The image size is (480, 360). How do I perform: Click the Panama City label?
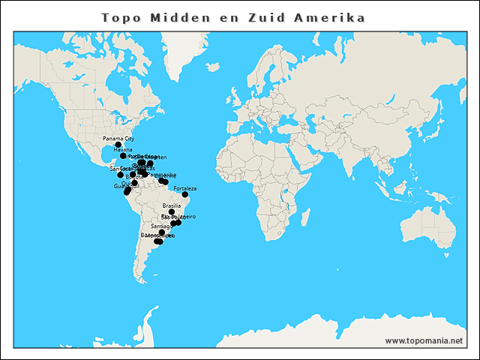118,139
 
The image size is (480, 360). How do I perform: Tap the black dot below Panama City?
118,145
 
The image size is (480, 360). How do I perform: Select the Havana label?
123,150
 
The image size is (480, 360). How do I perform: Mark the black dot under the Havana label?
123,156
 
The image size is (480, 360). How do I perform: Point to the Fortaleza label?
184,188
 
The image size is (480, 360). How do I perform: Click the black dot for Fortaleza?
185,194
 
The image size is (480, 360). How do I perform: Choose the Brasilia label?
172,205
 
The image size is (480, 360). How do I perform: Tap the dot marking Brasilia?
172,211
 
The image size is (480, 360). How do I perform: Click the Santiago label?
161,226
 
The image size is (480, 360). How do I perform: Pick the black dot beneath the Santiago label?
162,232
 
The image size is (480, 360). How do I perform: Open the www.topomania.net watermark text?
424,341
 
